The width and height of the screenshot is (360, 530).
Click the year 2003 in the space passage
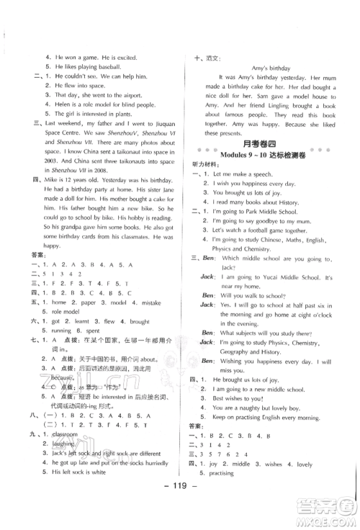[40, 181]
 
